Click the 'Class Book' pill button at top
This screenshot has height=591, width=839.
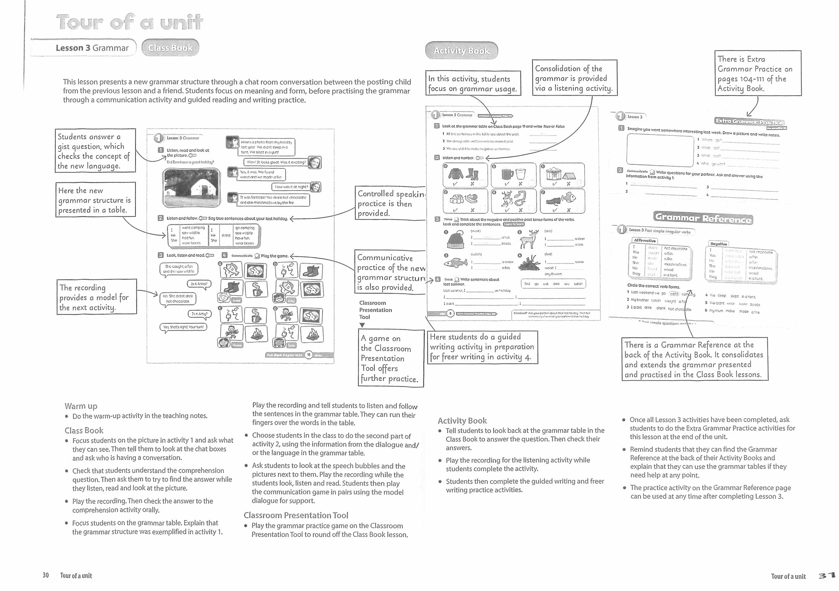tap(170, 48)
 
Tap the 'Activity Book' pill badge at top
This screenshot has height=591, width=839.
tap(461, 51)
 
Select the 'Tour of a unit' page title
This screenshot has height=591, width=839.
tap(130, 22)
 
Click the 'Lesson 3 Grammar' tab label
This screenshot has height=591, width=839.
tap(92, 48)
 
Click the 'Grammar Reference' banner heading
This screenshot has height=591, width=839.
tap(703, 218)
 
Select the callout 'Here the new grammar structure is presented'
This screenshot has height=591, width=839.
tap(96, 200)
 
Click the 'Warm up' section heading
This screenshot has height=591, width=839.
tap(81, 406)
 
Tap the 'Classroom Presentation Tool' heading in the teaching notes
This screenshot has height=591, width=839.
tap(296, 515)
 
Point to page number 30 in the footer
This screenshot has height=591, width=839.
tap(46, 575)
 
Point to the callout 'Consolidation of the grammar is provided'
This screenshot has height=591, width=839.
tap(574, 78)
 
